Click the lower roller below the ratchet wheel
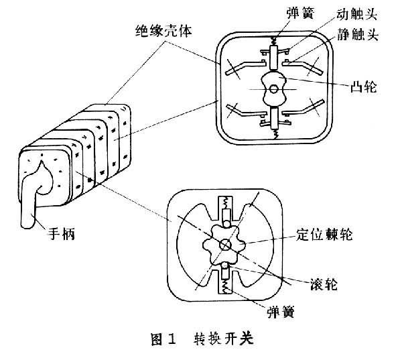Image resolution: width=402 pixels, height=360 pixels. pos(224,272)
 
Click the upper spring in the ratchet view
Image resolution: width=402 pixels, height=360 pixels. pos(225,203)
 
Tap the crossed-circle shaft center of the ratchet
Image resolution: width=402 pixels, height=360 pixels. pos(224,245)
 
